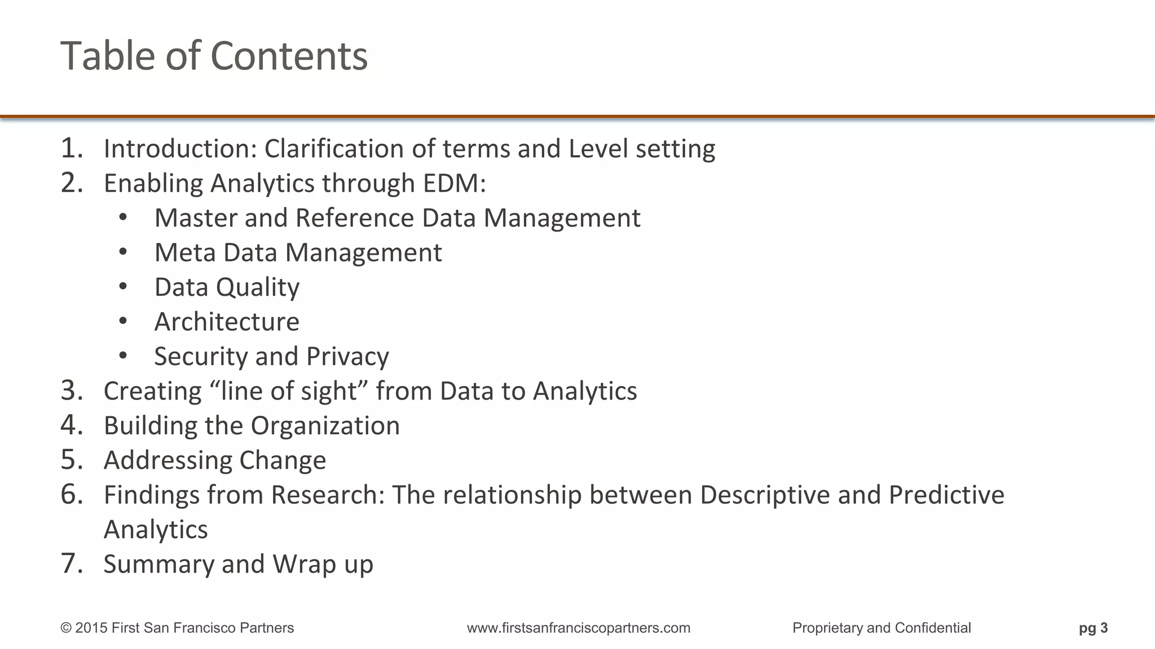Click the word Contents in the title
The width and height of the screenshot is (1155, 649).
[x=289, y=56]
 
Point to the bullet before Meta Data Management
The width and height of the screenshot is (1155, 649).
[x=124, y=252]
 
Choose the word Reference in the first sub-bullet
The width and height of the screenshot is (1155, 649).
[x=355, y=218]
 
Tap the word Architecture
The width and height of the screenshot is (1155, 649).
[x=227, y=322]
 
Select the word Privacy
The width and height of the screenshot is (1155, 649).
[x=347, y=357]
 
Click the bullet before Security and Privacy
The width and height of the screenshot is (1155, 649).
[x=124, y=356]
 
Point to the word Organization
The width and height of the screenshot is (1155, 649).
[x=326, y=426]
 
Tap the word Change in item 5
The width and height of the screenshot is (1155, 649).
[x=282, y=461]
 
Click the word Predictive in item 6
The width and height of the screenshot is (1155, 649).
[x=946, y=495]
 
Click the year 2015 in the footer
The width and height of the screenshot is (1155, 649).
[x=91, y=628]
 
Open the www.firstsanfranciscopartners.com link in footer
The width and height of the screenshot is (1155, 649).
[x=578, y=628]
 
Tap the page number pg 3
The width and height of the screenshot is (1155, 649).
[x=1093, y=628]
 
